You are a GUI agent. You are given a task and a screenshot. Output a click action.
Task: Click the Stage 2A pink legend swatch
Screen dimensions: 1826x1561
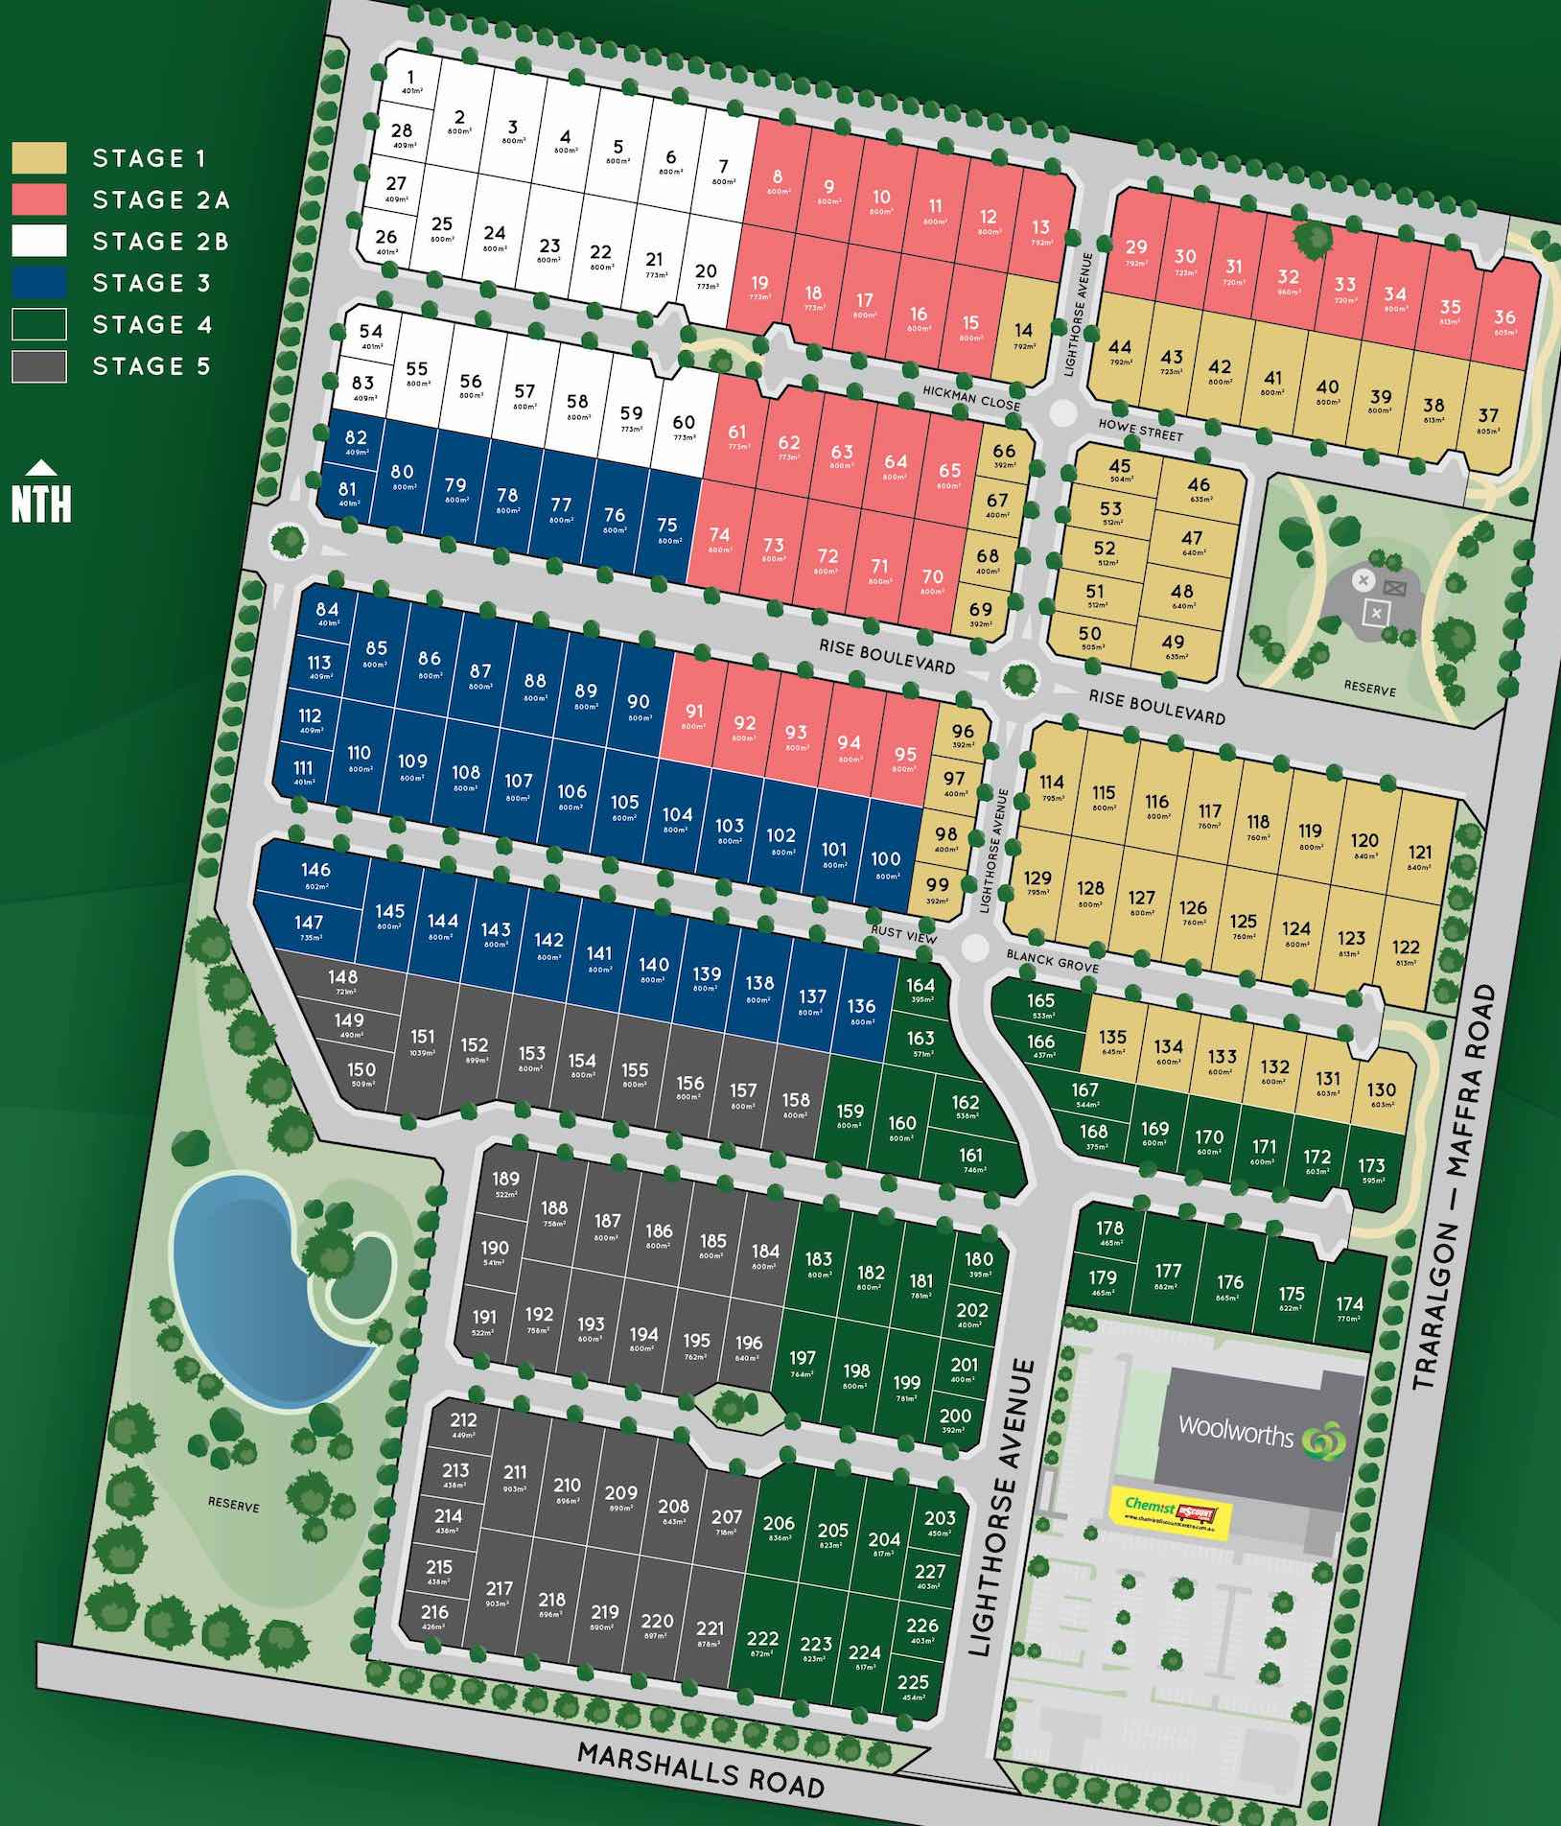[x=39, y=199]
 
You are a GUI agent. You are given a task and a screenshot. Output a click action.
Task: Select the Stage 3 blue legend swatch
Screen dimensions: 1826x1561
[x=39, y=282]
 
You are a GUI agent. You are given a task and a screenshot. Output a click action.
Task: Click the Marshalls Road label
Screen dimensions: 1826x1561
[x=700, y=1768]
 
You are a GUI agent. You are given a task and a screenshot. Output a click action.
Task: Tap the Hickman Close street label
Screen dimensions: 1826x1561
[x=971, y=397]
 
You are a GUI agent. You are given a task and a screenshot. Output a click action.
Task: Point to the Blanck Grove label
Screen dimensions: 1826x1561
[x=1052, y=960]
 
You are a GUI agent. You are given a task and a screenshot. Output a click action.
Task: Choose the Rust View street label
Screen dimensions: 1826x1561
[x=903, y=934]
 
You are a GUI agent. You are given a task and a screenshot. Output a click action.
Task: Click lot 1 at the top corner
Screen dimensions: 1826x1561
[x=410, y=82]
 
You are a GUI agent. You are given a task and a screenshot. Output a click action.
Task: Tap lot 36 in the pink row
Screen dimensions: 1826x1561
[x=1504, y=321]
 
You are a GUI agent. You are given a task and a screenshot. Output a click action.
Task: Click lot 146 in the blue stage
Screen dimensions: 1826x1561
[x=315, y=873]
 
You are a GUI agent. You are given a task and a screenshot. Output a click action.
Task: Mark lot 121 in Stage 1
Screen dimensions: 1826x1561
[x=1419, y=855]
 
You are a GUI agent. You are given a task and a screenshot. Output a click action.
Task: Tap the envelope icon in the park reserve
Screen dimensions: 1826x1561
[x=1394, y=588]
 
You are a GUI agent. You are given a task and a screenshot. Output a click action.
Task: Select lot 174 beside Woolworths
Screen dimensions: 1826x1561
[x=1349, y=1307]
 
